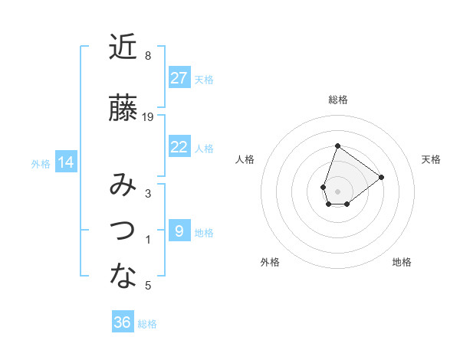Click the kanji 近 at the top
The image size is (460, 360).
[123, 47]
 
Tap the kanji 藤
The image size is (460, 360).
[123, 108]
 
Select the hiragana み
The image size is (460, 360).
[123, 185]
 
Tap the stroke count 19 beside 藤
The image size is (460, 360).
[149, 117]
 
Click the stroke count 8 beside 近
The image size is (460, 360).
[148, 56]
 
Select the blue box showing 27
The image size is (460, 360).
[179, 78]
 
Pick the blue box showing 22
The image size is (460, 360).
[179, 147]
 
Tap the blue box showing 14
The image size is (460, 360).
[66, 162]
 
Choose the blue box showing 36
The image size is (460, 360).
[123, 323]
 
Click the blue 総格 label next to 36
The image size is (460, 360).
[147, 324]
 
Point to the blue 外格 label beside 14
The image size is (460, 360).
[41, 163]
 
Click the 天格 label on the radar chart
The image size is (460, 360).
[431, 159]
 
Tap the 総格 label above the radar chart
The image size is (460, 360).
[337, 100]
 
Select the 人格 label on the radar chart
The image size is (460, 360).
[245, 159]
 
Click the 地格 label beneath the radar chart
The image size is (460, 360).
[402, 262]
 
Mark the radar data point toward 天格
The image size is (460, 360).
[381, 177]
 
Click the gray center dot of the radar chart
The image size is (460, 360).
[337, 191]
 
